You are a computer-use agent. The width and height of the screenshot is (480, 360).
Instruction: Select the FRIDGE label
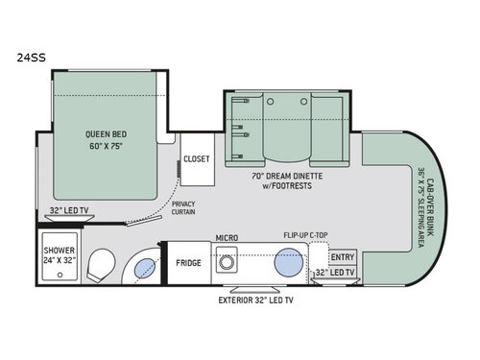point(189,262)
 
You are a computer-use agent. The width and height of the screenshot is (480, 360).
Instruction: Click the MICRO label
point(227,237)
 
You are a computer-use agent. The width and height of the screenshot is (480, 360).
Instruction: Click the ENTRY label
point(341,257)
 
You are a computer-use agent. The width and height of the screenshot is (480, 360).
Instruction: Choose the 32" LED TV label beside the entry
point(336,274)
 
